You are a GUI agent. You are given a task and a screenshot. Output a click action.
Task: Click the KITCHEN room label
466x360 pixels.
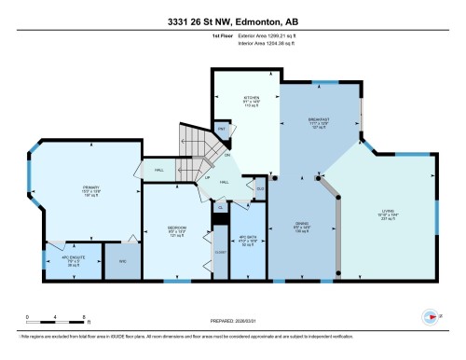(x=251, y=96)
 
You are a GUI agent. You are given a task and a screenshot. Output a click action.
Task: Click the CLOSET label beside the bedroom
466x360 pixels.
(x=220, y=252)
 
